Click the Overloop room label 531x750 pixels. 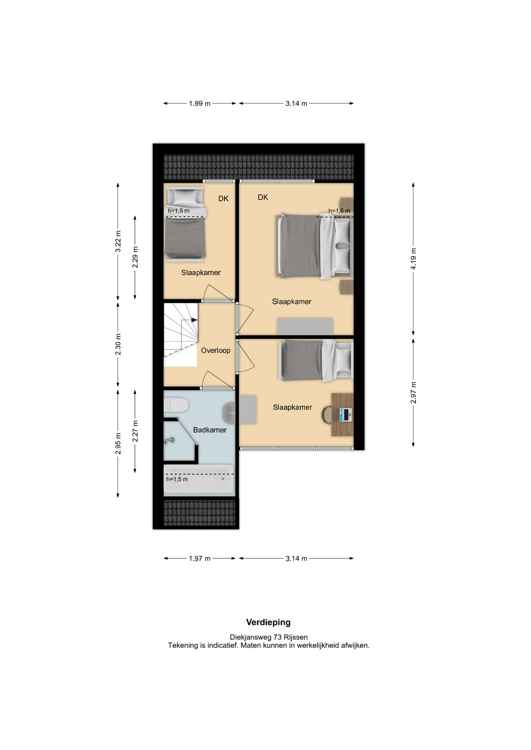click(x=215, y=350)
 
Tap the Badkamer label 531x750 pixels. click(x=210, y=430)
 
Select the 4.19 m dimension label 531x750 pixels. click(x=413, y=259)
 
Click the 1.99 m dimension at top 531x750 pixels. click(x=199, y=104)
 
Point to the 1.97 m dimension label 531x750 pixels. click(x=199, y=558)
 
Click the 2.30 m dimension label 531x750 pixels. click(x=118, y=345)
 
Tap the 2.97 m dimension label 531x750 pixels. click(x=413, y=393)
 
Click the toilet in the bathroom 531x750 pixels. click(x=176, y=405)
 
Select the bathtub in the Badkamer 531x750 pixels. click(x=199, y=479)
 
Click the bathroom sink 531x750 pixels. click(x=229, y=413)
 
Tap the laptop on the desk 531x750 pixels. click(x=345, y=414)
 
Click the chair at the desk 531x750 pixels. click(x=326, y=415)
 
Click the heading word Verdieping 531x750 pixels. click(x=268, y=622)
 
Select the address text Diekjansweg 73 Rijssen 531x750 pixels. click(x=269, y=637)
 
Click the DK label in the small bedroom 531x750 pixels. click(x=223, y=198)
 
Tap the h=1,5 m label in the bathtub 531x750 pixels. click(x=177, y=479)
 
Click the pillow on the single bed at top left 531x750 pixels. click(x=185, y=196)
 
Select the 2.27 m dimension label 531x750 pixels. click(x=135, y=431)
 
